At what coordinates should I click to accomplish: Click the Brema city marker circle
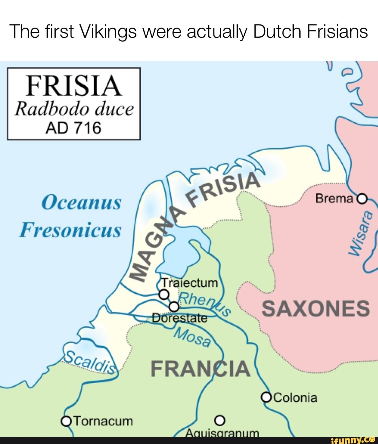point(362,199)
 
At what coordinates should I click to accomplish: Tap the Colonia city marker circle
point(266,397)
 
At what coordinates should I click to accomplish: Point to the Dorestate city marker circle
point(174,307)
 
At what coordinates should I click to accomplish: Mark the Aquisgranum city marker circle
point(219,420)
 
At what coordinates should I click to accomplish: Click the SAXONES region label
point(315,309)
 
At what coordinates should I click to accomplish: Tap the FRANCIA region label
point(200,369)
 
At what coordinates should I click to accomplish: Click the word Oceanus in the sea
point(81,202)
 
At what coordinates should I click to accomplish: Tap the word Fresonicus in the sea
point(70,230)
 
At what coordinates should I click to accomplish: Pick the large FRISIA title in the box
point(73,86)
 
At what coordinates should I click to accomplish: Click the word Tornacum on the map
point(104,421)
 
